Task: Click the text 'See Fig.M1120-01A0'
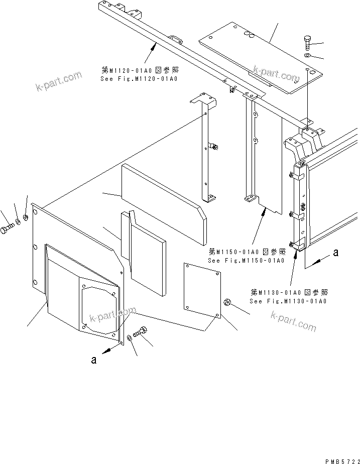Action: click(x=138, y=79)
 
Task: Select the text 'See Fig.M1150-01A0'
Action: click(x=246, y=260)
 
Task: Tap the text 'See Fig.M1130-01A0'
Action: click(x=288, y=301)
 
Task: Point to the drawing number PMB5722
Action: click(x=343, y=460)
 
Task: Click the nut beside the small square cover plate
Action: click(x=226, y=302)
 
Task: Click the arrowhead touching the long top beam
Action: click(x=153, y=45)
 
